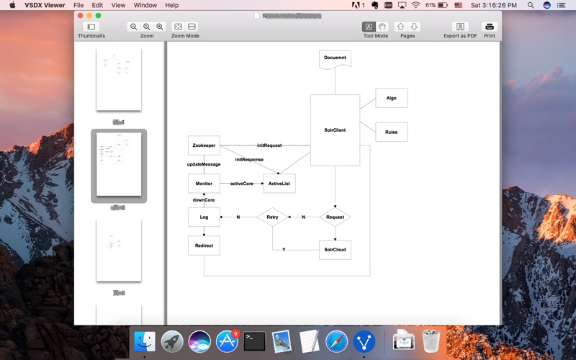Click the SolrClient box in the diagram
pos(335,130)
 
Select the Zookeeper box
pos(204,145)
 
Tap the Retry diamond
pos(272,217)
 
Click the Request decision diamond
pos(335,217)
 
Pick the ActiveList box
pos(279,184)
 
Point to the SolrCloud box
pos(335,250)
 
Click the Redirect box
pos(204,246)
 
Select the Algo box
pos(391,98)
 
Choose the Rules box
pos(391,132)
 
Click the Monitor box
pos(204,184)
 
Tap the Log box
pos(204,217)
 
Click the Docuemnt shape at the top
pos(335,58)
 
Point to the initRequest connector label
pos(269,145)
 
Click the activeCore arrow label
pos(241,184)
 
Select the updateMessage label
pos(204,164)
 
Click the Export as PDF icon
pos(460,27)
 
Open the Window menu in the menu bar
pos(145,5)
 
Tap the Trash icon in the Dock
pos(431,341)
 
